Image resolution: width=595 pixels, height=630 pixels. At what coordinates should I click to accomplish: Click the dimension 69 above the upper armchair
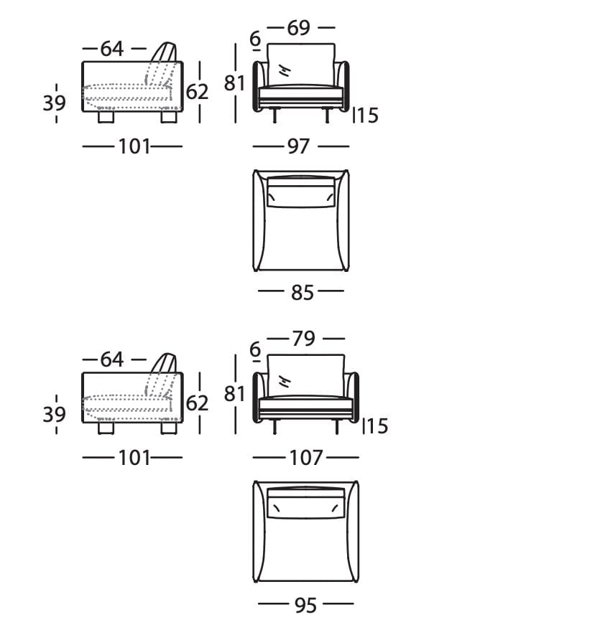[298, 28]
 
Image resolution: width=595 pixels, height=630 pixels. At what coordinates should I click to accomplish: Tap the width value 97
[298, 146]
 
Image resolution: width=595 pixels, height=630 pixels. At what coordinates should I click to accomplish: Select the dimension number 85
[303, 293]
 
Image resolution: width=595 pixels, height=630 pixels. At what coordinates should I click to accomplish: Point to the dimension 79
[304, 339]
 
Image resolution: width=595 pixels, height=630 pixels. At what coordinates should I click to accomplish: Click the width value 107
[306, 458]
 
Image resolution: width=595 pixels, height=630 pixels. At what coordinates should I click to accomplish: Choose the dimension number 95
[305, 606]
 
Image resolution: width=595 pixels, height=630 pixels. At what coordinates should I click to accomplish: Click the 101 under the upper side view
[134, 146]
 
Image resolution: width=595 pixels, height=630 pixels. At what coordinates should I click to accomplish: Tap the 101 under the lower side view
[134, 458]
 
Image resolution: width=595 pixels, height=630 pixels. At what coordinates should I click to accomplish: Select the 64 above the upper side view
[112, 49]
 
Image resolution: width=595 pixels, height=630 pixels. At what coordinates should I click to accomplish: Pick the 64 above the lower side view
[112, 359]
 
